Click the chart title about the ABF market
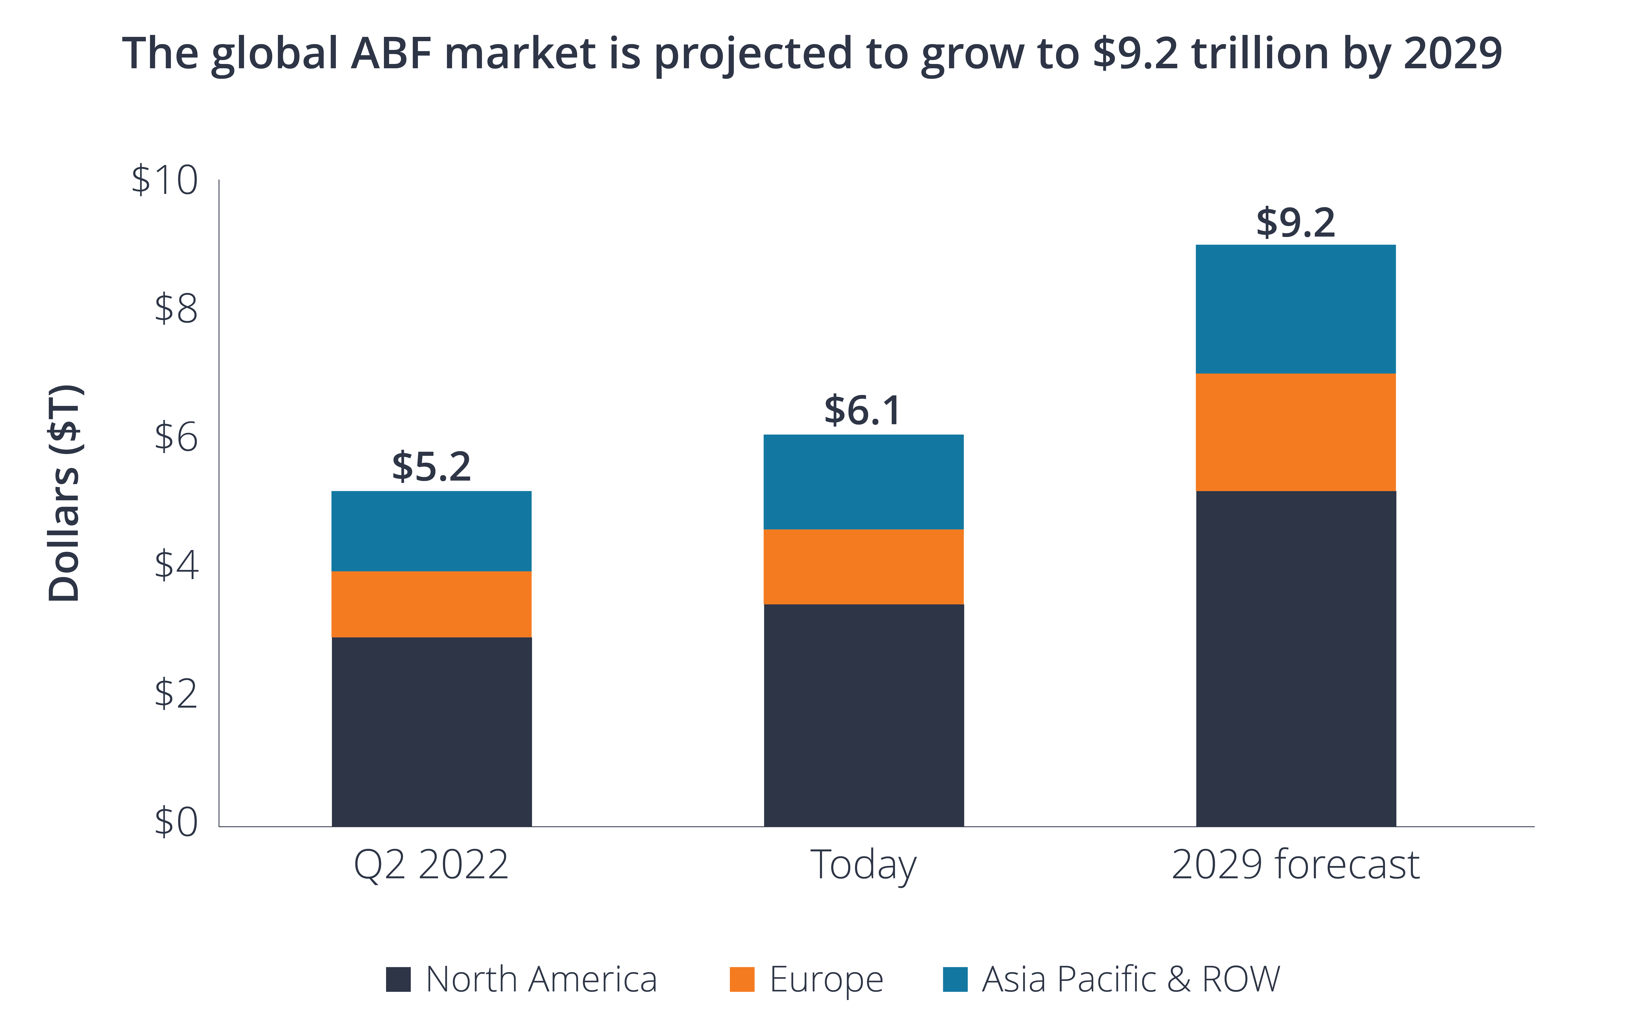[x=812, y=54]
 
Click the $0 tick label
[x=176, y=821]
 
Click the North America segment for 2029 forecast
[x=1295, y=658]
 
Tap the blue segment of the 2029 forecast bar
[x=1295, y=309]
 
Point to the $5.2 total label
[x=431, y=467]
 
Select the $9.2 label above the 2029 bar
[x=1295, y=223]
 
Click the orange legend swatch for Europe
[x=742, y=979]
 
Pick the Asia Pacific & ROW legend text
[x=1131, y=979]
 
